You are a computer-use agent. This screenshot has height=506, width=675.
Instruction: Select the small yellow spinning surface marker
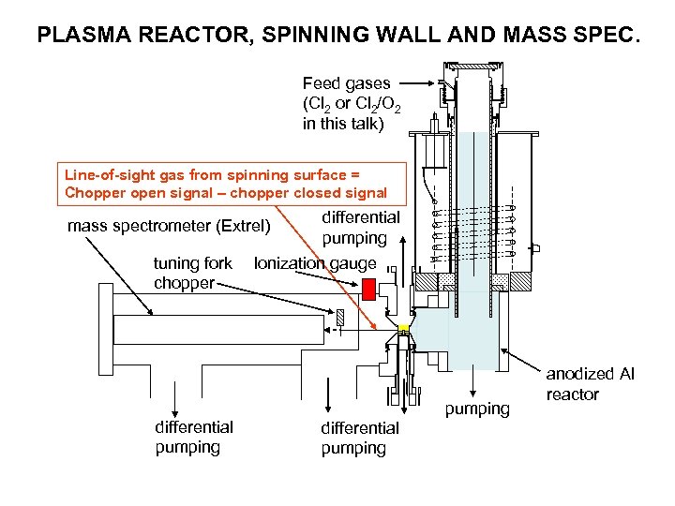(404, 328)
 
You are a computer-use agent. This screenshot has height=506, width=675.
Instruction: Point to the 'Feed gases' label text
(346, 83)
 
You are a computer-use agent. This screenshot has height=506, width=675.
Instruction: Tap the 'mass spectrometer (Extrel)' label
(169, 226)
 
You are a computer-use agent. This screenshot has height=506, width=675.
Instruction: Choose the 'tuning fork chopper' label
(192, 273)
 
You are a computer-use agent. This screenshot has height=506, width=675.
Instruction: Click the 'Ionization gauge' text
(315, 263)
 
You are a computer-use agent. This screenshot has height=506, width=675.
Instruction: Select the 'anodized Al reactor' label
(590, 383)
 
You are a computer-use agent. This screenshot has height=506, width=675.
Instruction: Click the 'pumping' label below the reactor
(477, 409)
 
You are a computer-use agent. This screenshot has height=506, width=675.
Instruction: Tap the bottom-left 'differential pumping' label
(194, 437)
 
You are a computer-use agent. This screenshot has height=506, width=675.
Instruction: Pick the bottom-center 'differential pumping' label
(360, 438)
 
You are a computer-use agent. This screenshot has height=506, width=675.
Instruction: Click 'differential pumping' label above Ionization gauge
(361, 228)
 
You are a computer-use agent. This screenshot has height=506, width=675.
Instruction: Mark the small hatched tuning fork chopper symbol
(340, 316)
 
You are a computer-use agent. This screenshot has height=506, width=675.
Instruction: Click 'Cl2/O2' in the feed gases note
(375, 103)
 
